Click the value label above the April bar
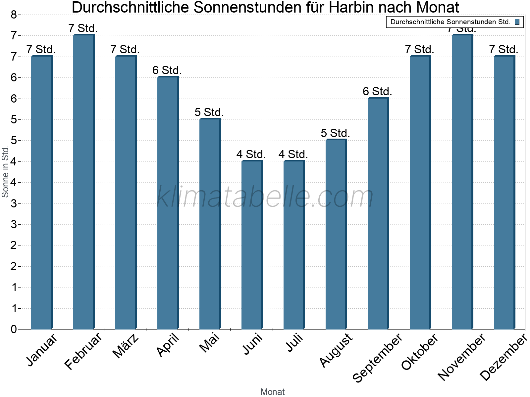click(x=167, y=70)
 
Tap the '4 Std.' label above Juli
click(x=293, y=154)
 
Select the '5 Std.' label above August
click(x=335, y=133)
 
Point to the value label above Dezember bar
click(x=503, y=49)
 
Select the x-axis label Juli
click(x=294, y=343)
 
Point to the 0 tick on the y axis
click(x=14, y=329)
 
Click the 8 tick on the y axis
click(x=14, y=15)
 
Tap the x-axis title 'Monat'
click(x=272, y=392)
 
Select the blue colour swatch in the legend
click(x=517, y=22)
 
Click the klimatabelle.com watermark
click(x=265, y=197)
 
